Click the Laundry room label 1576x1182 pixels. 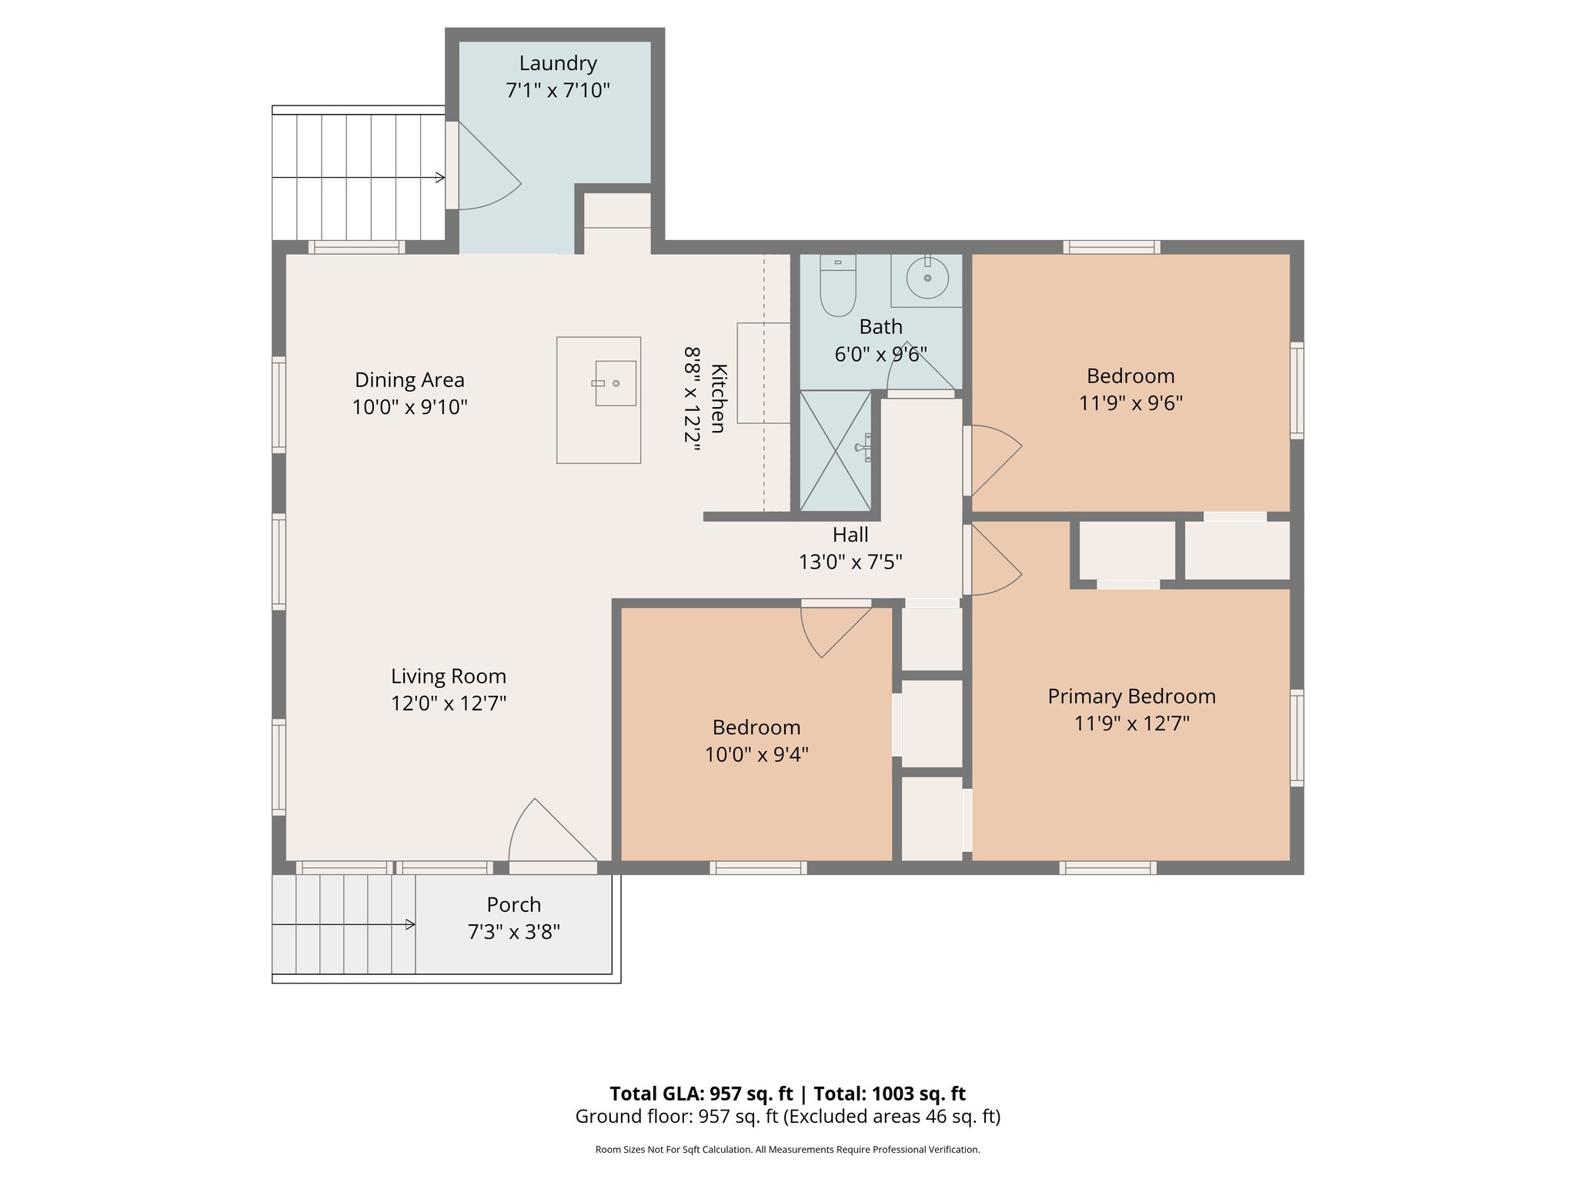pos(558,64)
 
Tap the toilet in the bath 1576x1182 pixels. pos(838,286)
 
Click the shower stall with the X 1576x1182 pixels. pos(835,450)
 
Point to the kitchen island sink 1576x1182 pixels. pos(615,383)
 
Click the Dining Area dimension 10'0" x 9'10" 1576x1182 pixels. pos(409,407)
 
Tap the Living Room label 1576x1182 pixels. pos(449,676)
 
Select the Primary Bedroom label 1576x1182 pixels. pos(1131,696)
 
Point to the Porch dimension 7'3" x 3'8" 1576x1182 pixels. pos(513,932)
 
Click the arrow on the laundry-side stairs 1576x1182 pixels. pos(439,178)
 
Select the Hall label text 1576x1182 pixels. pos(850,535)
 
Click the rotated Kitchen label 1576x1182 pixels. pos(718,399)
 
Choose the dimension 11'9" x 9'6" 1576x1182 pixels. pos(1130,403)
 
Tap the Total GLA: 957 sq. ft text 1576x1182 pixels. pos(701,1094)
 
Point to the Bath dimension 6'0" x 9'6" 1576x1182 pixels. pos(880,355)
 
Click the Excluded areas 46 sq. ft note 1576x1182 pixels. pos(892,1117)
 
